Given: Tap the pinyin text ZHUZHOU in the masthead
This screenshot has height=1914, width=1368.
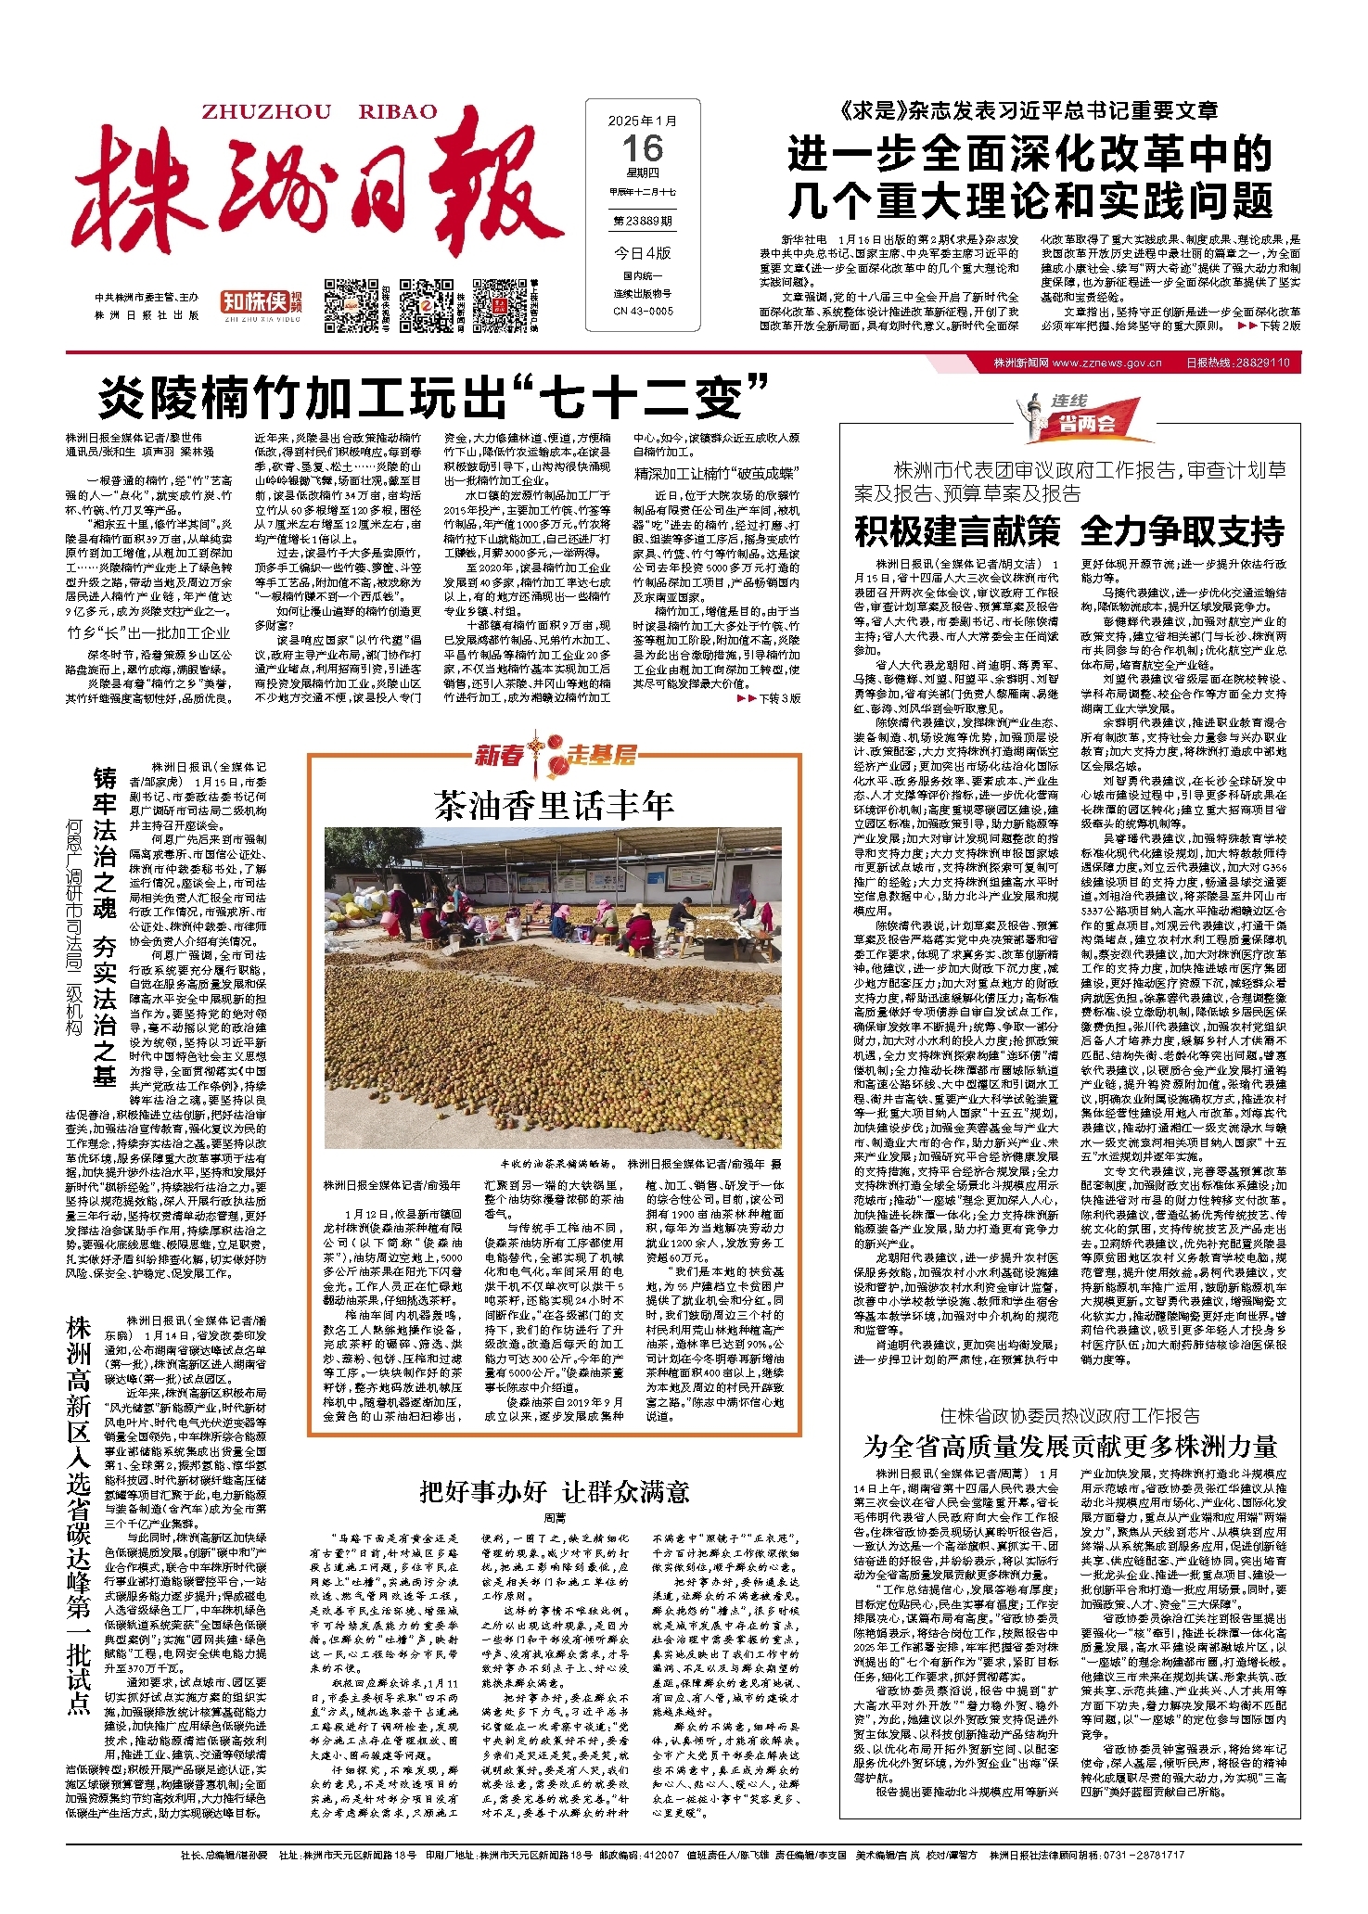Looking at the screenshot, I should [x=266, y=112].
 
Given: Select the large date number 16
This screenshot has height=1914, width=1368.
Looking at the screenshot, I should [x=643, y=148].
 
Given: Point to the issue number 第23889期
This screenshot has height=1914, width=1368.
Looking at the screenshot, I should [x=643, y=222].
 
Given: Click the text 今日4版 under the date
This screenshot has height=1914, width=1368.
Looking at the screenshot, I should [x=643, y=253].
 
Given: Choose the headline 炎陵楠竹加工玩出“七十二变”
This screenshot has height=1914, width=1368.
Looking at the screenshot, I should [x=434, y=398].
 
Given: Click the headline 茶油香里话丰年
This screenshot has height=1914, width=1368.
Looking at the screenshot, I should [x=554, y=806].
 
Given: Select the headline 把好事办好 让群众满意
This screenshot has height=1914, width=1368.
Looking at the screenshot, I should [x=555, y=1491].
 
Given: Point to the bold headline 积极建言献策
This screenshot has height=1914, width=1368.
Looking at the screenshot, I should [x=957, y=532].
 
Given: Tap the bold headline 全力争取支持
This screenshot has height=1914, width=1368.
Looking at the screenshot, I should [x=1183, y=532].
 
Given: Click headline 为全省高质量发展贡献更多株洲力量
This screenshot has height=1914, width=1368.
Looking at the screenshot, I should [x=1070, y=1447].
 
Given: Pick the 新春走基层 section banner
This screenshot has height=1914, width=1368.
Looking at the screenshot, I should [x=555, y=755].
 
